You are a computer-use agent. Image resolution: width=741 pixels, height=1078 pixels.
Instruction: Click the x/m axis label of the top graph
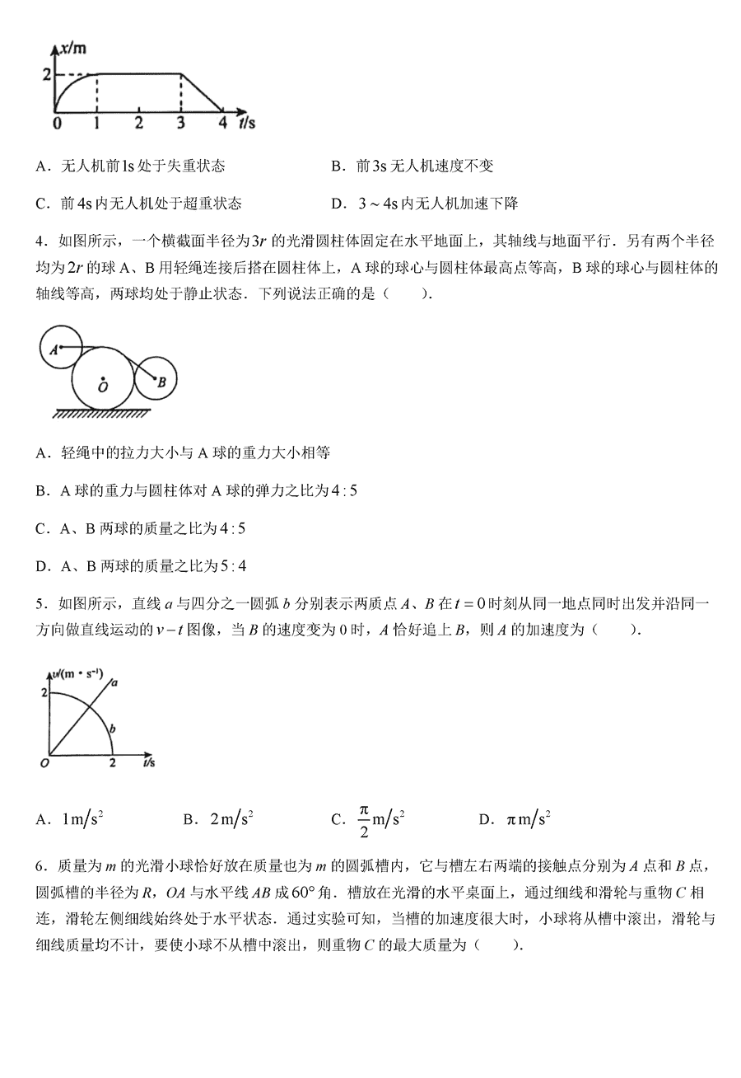[73, 49]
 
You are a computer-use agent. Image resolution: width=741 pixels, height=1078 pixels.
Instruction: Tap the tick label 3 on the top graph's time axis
[180, 124]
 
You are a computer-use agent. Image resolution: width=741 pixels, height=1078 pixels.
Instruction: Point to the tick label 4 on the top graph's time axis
[221, 124]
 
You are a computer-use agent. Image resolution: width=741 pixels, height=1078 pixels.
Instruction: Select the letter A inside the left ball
[52, 349]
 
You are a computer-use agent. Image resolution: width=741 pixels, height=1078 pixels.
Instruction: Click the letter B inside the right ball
[162, 382]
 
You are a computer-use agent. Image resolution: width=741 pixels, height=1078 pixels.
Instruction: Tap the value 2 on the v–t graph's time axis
[112, 765]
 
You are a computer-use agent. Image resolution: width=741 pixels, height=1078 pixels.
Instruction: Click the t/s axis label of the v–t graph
[149, 764]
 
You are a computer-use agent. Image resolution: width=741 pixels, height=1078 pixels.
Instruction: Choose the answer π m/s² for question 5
[528, 819]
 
